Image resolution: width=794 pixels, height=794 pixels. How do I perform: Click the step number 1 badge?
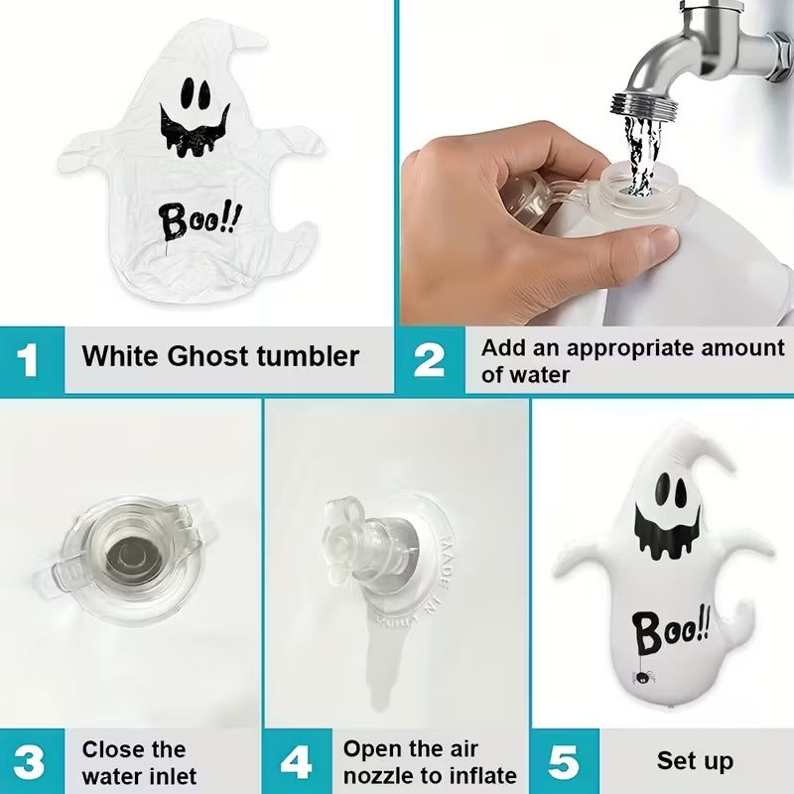click(29, 358)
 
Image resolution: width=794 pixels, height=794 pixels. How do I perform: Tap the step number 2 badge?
click(429, 359)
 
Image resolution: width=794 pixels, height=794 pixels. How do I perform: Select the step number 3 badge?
click(29, 761)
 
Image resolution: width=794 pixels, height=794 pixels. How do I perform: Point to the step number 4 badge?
click(296, 761)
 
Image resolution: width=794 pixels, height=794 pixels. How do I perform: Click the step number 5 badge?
click(564, 761)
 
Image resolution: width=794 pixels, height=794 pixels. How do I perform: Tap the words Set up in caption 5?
click(695, 761)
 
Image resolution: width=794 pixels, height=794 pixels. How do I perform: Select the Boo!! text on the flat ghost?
click(200, 220)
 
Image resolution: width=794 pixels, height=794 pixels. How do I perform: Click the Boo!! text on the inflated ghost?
click(672, 627)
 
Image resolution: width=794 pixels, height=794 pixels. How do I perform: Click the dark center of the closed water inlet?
click(133, 551)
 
